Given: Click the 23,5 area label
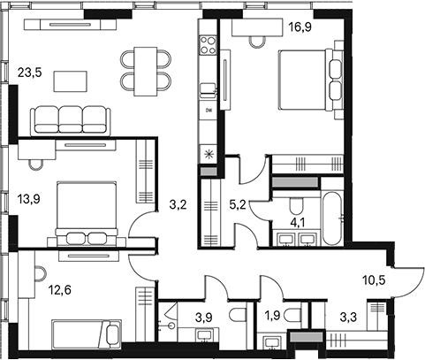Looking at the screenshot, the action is tap(30, 73).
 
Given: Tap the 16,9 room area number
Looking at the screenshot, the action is tap(300, 27).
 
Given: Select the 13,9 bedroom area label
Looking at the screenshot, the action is tap(28, 200).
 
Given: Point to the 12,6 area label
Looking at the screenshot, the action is tap(59, 290).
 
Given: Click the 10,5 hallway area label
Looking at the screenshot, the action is tap(374, 280).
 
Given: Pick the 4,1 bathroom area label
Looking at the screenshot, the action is tap(298, 223).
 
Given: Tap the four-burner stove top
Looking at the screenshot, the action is tap(208, 45).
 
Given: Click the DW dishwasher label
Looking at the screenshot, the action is tap(209, 111).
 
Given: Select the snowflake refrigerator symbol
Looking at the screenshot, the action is tap(209, 154).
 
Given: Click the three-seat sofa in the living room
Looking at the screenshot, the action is tap(71, 120).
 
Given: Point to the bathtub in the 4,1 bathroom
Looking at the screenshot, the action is tap(332, 218).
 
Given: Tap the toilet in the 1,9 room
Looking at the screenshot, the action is tap(293, 317).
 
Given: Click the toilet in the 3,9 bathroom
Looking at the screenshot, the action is tap(239, 316).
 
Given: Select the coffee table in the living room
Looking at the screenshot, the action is tap(70, 81).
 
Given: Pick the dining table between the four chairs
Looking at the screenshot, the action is tap(146, 72).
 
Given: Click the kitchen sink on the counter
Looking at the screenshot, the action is tap(208, 90).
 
